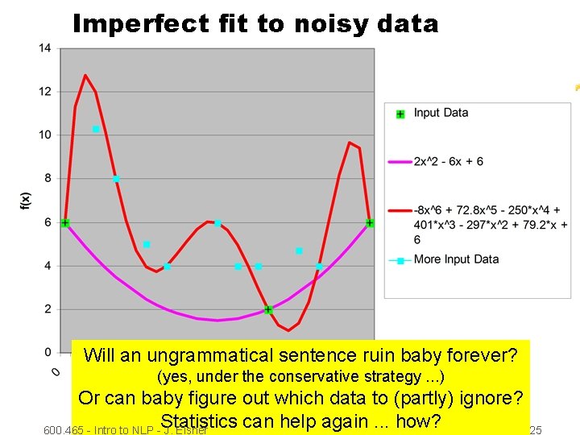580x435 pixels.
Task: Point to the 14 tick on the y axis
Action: [x=45, y=48]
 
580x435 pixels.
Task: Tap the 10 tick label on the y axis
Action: [x=45, y=135]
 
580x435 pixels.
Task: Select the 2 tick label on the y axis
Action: [x=48, y=309]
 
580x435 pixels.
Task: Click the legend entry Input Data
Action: [x=440, y=113]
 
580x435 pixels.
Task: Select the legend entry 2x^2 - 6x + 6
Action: [x=448, y=161]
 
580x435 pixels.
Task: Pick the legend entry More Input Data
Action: [x=456, y=259]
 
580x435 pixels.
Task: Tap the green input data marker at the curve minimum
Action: [x=268, y=309]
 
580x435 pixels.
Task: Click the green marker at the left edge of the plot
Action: [x=65, y=222]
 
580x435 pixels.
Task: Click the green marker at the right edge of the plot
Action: [x=370, y=222]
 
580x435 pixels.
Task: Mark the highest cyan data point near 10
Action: [x=96, y=129]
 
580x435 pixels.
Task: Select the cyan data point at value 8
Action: [x=116, y=179]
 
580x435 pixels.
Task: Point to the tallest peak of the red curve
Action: [x=85, y=76]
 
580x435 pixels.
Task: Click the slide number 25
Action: [x=535, y=430]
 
